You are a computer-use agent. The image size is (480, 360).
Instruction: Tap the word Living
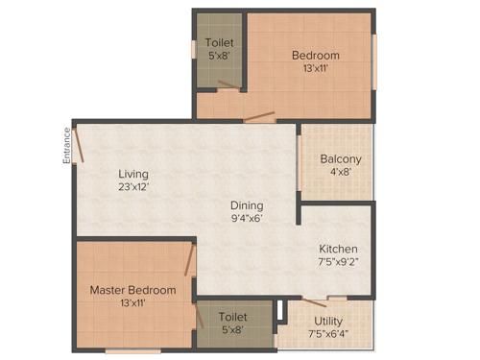(133, 174)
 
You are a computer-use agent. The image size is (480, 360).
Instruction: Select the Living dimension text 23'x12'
(133, 187)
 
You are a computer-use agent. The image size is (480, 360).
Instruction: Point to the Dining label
(247, 205)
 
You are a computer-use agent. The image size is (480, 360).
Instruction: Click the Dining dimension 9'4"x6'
(247, 218)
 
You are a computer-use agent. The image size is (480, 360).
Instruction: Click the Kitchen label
(339, 248)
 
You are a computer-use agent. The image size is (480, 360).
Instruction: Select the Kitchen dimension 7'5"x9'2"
(339, 261)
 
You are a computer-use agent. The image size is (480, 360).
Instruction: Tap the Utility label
(328, 322)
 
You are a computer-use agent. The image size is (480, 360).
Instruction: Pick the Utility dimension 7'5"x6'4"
(328, 335)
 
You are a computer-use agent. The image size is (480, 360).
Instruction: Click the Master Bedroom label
(133, 290)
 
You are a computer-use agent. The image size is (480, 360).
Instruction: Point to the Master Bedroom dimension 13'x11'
(133, 303)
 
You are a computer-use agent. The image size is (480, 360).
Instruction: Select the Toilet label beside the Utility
(233, 316)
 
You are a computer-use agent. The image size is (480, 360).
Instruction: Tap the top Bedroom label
(316, 56)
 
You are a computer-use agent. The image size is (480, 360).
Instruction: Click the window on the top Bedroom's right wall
(375, 60)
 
